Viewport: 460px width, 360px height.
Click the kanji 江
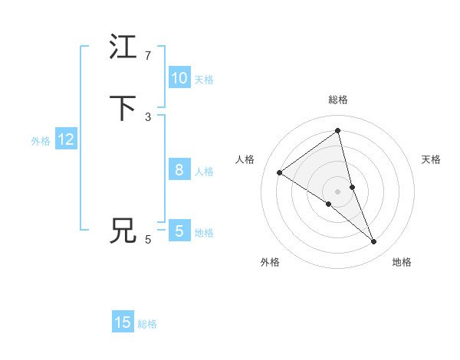[123, 47]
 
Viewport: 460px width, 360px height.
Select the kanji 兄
[123, 231]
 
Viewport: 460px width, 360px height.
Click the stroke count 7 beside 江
[148, 56]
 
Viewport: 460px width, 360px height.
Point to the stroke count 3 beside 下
[148, 116]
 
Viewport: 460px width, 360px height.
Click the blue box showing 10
[179, 78]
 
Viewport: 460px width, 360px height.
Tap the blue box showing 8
[179, 170]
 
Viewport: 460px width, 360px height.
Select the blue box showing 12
[66, 139]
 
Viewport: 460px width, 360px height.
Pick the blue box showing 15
[123, 322]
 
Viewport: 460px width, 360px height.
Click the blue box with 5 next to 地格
[179, 231]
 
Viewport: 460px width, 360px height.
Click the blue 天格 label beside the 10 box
[204, 80]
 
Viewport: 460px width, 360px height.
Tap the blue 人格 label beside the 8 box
[204, 172]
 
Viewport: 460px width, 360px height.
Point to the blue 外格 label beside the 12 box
[41, 141]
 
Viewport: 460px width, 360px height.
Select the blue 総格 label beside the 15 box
[147, 324]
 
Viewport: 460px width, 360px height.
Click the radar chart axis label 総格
[338, 100]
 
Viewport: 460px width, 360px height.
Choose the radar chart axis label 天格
[431, 159]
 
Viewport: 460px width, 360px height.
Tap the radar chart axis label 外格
[270, 262]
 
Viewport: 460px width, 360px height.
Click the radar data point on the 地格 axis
[374, 242]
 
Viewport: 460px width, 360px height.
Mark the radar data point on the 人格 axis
[279, 172]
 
